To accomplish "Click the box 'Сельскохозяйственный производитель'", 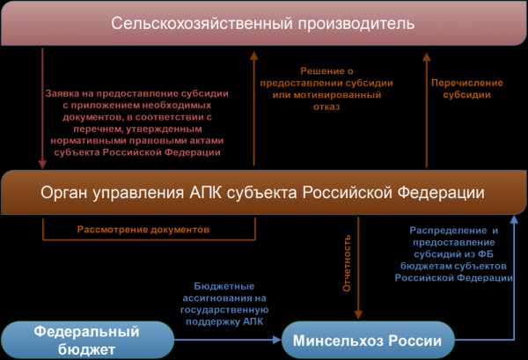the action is click(264, 23).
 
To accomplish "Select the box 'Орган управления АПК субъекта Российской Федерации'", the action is click(264, 192).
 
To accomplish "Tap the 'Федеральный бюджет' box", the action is click(87, 340).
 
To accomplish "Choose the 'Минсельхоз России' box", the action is click(368, 340).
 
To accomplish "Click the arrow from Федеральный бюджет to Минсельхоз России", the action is click(228, 340).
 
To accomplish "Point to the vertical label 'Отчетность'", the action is click(347, 263).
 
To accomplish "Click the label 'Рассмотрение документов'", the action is click(143, 230).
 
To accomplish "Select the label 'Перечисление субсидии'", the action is click(467, 89).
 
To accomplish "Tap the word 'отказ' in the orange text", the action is click(326, 107).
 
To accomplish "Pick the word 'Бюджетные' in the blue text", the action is click(224, 286).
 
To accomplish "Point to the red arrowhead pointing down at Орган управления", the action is click(42, 165).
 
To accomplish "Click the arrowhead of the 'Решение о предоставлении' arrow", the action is click(254, 56).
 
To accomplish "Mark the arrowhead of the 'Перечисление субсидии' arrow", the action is click(427, 57).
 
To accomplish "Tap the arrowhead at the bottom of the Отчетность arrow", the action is click(358, 314).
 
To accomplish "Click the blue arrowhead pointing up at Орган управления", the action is click(514, 220).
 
